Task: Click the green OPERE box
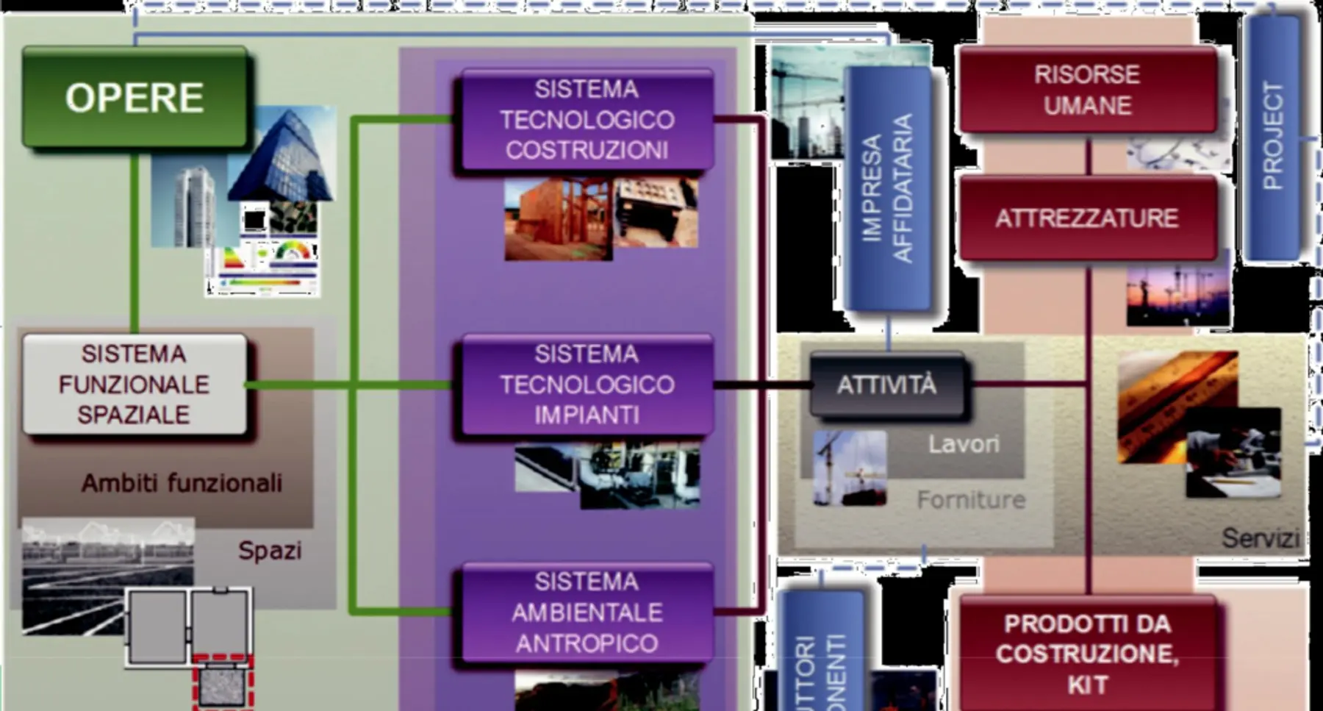135,97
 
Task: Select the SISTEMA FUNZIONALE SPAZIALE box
135,384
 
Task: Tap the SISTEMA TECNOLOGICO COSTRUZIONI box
587,120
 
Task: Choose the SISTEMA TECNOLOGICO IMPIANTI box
587,384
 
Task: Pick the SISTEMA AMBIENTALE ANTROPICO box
587,612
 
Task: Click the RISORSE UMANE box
1087,90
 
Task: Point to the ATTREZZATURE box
1087,218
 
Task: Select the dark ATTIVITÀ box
886,385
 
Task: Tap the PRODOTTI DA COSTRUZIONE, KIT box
1087,654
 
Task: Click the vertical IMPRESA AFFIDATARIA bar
887,187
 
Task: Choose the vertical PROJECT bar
1272,136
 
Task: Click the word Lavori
964,444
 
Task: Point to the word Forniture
971,500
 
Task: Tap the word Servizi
1260,538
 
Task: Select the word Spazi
270,550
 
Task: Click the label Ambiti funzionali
182,483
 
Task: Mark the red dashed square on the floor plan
223,682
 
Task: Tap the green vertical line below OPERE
135,243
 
